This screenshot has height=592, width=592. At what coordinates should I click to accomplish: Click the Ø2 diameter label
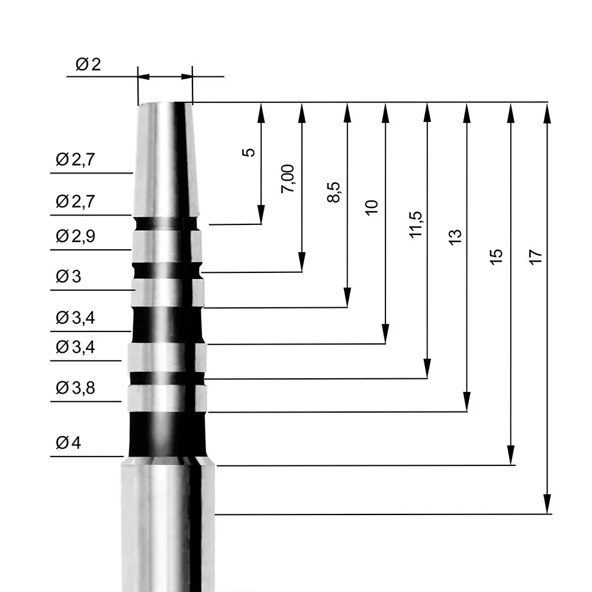tap(88, 65)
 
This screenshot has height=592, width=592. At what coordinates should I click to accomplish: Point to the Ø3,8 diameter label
tap(76, 388)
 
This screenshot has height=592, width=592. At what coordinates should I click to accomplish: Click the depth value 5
tap(250, 152)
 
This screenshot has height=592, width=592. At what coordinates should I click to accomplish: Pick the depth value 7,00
tap(288, 179)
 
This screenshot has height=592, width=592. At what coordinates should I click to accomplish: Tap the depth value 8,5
tap(334, 193)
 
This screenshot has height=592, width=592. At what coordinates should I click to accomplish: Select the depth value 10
tap(372, 207)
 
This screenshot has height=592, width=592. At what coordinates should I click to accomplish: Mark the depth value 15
tap(497, 255)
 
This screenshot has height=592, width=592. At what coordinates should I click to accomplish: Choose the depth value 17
tap(536, 256)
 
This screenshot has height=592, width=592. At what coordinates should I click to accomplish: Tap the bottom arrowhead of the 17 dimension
tap(547, 506)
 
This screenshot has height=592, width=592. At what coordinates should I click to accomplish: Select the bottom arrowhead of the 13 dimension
tap(467, 403)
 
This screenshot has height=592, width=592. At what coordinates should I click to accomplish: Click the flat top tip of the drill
tap(165, 103)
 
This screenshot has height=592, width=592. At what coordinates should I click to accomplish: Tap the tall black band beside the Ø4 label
tap(168, 434)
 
